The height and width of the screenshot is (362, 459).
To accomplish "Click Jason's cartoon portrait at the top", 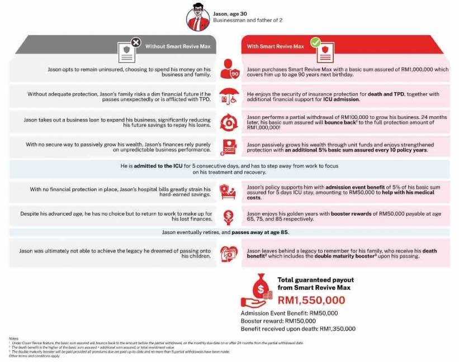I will [197, 18].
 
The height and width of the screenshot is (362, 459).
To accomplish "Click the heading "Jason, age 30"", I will [230, 13].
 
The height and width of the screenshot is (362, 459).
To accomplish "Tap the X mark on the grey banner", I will [135, 42].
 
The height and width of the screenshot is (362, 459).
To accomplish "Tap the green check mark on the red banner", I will [315, 42].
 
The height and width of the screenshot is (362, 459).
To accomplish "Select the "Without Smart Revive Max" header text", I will [177, 46].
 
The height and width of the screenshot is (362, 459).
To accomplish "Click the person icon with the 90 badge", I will [229, 70].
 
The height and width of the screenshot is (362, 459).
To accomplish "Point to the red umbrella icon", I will [229, 95].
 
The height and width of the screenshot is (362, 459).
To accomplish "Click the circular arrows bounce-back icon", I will [229, 121].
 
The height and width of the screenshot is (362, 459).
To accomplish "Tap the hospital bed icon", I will [229, 192].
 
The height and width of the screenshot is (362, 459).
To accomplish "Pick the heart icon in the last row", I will [229, 253].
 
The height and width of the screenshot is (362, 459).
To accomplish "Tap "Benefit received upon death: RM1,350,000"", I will [298, 328].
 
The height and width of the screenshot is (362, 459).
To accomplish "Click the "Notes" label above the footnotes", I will [13, 339].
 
